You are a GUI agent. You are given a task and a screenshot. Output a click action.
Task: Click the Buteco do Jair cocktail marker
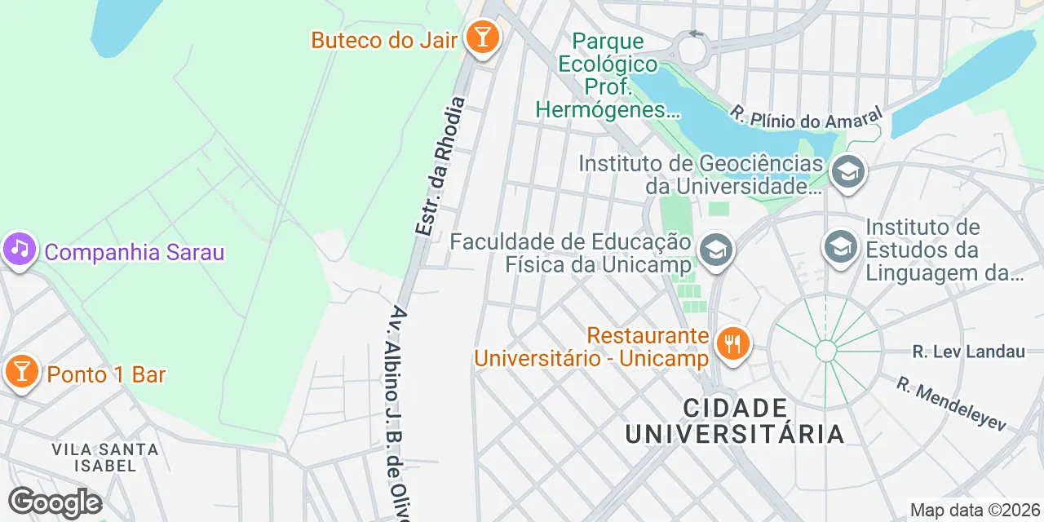[x=482, y=38]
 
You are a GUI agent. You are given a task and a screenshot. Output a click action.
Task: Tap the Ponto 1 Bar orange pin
[x=21, y=373]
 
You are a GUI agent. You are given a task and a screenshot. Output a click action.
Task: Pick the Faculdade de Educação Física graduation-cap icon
[x=716, y=250]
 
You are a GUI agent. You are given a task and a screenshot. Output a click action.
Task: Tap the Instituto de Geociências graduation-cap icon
[x=848, y=172]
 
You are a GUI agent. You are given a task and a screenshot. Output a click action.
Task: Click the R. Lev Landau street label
[x=968, y=352]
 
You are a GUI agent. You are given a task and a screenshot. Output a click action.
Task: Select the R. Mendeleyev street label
[x=952, y=404]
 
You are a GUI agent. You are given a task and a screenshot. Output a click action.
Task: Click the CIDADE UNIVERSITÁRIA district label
[x=735, y=421]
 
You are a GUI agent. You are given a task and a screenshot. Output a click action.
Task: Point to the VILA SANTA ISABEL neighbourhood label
[x=104, y=457]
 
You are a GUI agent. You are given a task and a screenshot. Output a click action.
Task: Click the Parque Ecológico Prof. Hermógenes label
[x=608, y=75]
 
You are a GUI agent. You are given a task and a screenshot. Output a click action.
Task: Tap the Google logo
[x=55, y=502]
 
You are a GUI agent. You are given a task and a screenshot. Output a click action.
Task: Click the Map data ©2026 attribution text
[x=975, y=511]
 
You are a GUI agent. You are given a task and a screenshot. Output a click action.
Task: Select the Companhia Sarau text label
[x=134, y=252]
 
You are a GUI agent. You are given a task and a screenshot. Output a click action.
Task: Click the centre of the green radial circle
[x=826, y=352]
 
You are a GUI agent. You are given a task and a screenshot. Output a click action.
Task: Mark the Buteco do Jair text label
[x=383, y=39]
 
